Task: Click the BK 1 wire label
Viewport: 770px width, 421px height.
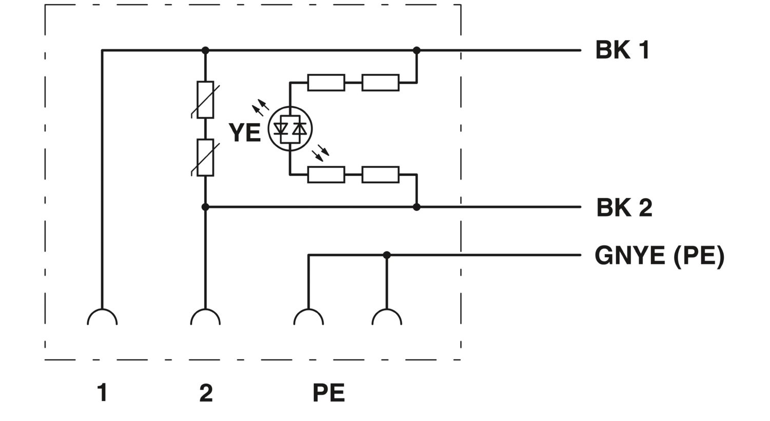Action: pyautogui.click(x=622, y=50)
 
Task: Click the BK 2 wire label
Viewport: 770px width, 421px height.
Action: pyautogui.click(x=624, y=207)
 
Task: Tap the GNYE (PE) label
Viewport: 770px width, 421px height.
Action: pyautogui.click(x=660, y=256)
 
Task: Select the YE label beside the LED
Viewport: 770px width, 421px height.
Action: pyautogui.click(x=245, y=132)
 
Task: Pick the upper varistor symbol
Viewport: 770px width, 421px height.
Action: pyautogui.click(x=205, y=100)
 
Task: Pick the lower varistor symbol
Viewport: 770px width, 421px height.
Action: pyautogui.click(x=205, y=158)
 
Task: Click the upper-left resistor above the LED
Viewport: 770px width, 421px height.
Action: pyautogui.click(x=326, y=83)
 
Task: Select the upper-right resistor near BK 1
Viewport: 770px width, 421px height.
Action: pyautogui.click(x=380, y=83)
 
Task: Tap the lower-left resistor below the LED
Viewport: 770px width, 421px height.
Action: pyautogui.click(x=326, y=175)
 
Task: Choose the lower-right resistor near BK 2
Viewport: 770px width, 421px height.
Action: pyautogui.click(x=380, y=175)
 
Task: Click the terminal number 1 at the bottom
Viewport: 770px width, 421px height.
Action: pyautogui.click(x=102, y=392)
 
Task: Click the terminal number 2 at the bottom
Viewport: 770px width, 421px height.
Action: pyautogui.click(x=206, y=393)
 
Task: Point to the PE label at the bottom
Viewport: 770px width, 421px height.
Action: pyautogui.click(x=329, y=393)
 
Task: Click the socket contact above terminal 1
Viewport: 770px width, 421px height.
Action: pyautogui.click(x=102, y=310)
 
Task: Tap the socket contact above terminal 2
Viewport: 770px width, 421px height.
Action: pyautogui.click(x=205, y=310)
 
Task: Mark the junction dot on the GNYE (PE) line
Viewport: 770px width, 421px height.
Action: pyautogui.click(x=387, y=255)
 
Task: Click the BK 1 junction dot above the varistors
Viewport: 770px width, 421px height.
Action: pyautogui.click(x=205, y=50)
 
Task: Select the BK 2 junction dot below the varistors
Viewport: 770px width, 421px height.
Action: pyautogui.click(x=205, y=207)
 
